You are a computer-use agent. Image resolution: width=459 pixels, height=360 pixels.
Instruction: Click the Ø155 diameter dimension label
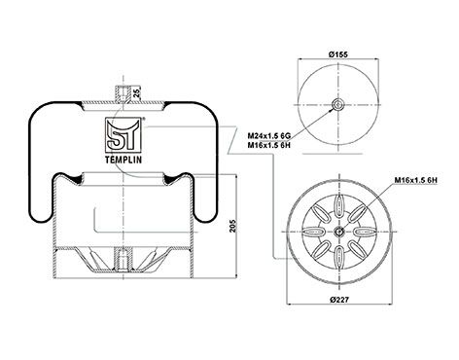[x=338, y=54]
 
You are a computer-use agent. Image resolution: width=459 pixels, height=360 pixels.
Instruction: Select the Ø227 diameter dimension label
[x=339, y=300]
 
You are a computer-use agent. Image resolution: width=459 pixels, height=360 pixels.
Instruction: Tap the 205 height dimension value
[x=232, y=226]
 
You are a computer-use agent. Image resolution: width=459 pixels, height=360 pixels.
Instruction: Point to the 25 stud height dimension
[x=137, y=92]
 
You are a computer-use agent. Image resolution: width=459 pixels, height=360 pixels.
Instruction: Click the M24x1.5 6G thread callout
[x=268, y=135]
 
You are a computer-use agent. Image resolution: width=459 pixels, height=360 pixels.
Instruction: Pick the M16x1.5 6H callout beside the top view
[x=268, y=145]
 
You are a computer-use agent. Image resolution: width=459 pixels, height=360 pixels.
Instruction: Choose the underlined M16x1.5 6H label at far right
[x=416, y=180]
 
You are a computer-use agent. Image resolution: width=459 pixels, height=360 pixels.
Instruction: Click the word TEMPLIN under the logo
[x=124, y=160]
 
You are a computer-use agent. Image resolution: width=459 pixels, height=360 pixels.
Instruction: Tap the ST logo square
[x=124, y=135]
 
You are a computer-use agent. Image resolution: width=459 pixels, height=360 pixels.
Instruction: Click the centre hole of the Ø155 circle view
[x=338, y=105]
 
